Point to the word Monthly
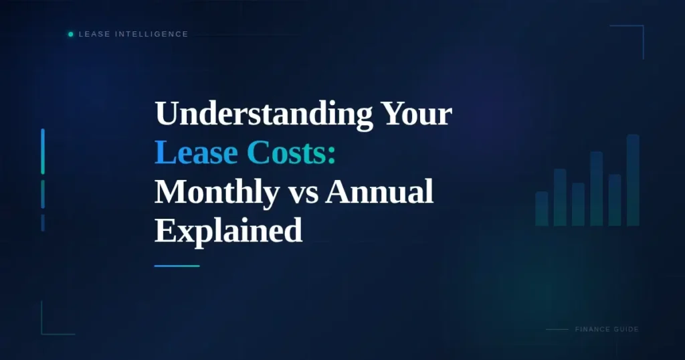pyautogui.click(x=217, y=193)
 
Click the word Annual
pyautogui.click(x=379, y=193)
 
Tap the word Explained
pyautogui.click(x=228, y=232)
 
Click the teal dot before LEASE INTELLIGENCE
pyautogui.click(x=71, y=34)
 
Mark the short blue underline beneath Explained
pyautogui.click(x=177, y=266)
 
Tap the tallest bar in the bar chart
pyautogui.click(x=633, y=180)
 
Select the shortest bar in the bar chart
pyautogui.click(x=542, y=209)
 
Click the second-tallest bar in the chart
pyautogui.click(x=596, y=189)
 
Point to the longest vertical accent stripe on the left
pyautogui.click(x=43, y=151)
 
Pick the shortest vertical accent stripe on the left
pyautogui.click(x=43, y=223)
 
